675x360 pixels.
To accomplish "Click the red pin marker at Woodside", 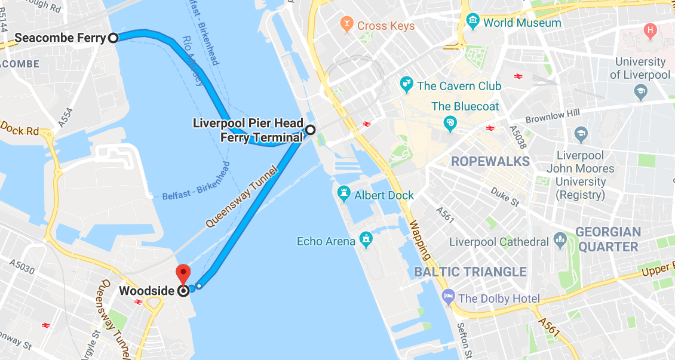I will click(x=182, y=273).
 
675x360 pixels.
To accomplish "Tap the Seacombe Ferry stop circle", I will click(x=113, y=38).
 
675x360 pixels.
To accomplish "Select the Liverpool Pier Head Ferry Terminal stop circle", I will click(x=310, y=130).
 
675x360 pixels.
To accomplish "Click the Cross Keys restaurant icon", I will click(x=346, y=25).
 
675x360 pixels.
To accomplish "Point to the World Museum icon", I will click(x=473, y=23).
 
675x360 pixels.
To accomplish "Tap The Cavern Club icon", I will click(x=407, y=85).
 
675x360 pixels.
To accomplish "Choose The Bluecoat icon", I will click(x=450, y=123).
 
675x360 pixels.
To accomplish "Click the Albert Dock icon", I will click(x=343, y=194).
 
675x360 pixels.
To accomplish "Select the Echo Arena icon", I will click(x=366, y=241).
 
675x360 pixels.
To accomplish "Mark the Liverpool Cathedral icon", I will click(x=560, y=241).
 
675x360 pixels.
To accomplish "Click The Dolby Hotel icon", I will click(x=448, y=297).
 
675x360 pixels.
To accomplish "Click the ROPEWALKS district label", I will click(x=490, y=162).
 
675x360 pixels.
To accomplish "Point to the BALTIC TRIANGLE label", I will click(x=470, y=272).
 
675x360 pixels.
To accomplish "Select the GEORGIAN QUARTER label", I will click(x=608, y=239).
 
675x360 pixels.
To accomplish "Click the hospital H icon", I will click(x=650, y=29).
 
